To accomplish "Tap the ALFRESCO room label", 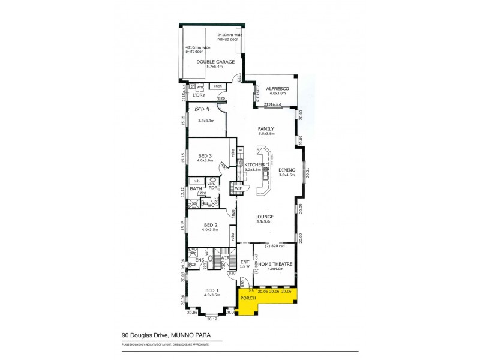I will [278, 88].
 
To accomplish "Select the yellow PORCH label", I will [248, 298].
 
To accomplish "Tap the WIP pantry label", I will [238, 188].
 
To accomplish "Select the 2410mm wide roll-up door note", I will [229, 37].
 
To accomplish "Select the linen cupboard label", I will [218, 87].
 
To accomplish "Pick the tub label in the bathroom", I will [196, 180].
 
